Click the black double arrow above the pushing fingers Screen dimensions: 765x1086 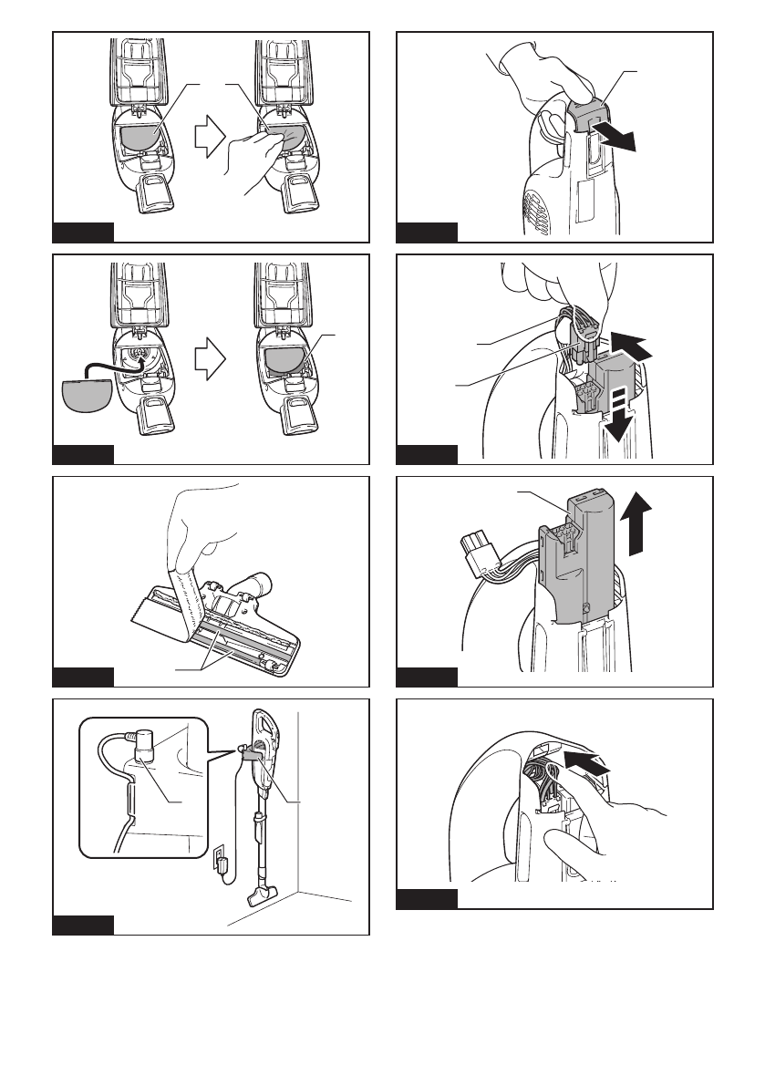click(584, 763)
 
